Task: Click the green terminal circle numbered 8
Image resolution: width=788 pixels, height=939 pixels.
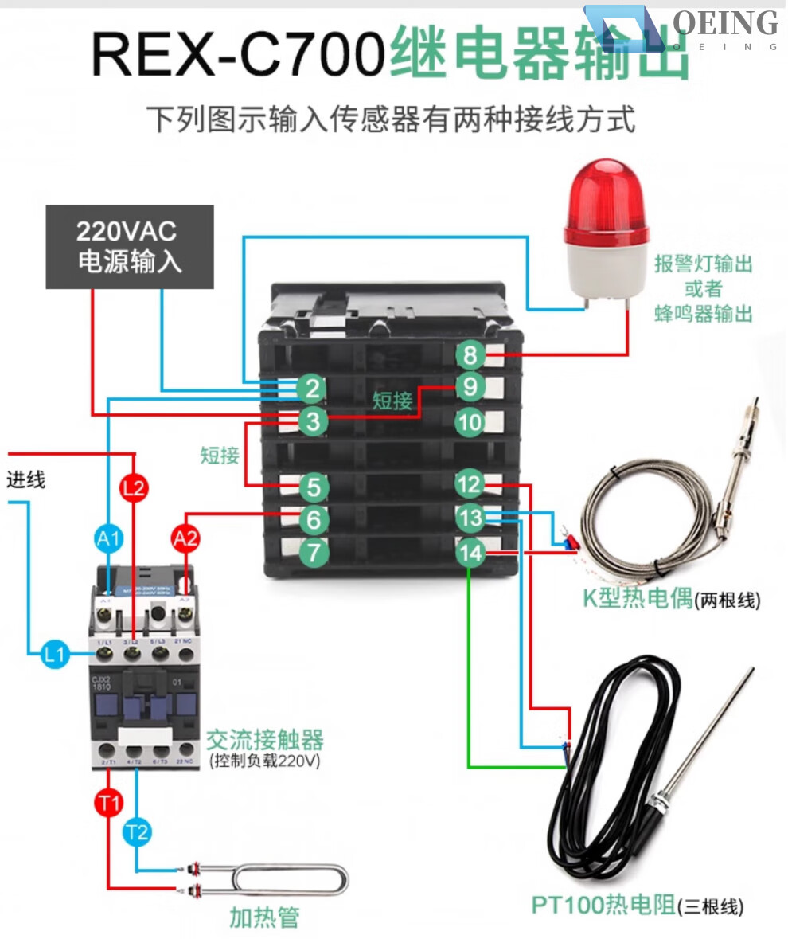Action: (x=470, y=354)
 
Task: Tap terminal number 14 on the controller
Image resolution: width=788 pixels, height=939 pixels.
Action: (x=471, y=552)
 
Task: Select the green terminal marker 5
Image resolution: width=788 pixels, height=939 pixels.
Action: (x=314, y=486)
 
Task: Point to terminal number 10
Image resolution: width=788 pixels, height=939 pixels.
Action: (x=470, y=421)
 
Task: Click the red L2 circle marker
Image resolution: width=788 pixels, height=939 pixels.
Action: (x=134, y=487)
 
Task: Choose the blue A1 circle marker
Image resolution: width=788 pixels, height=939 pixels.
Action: (x=108, y=540)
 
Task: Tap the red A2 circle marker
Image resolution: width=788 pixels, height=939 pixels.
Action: (x=185, y=540)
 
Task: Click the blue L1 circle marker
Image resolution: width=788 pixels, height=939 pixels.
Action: (x=54, y=655)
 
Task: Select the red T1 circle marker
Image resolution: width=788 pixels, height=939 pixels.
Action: (x=108, y=803)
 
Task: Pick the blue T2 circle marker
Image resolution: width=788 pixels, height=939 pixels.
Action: (x=137, y=833)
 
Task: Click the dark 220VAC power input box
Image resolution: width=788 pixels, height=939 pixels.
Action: (x=129, y=247)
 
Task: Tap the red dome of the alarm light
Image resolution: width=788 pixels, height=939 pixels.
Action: (x=605, y=207)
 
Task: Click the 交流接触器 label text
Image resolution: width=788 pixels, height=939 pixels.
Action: (x=265, y=740)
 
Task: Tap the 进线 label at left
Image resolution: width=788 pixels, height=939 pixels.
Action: (x=26, y=479)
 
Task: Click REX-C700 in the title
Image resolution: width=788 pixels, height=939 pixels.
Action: (x=239, y=54)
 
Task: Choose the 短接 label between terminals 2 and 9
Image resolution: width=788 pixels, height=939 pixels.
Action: (x=392, y=401)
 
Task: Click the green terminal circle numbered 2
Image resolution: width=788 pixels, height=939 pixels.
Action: (x=314, y=389)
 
